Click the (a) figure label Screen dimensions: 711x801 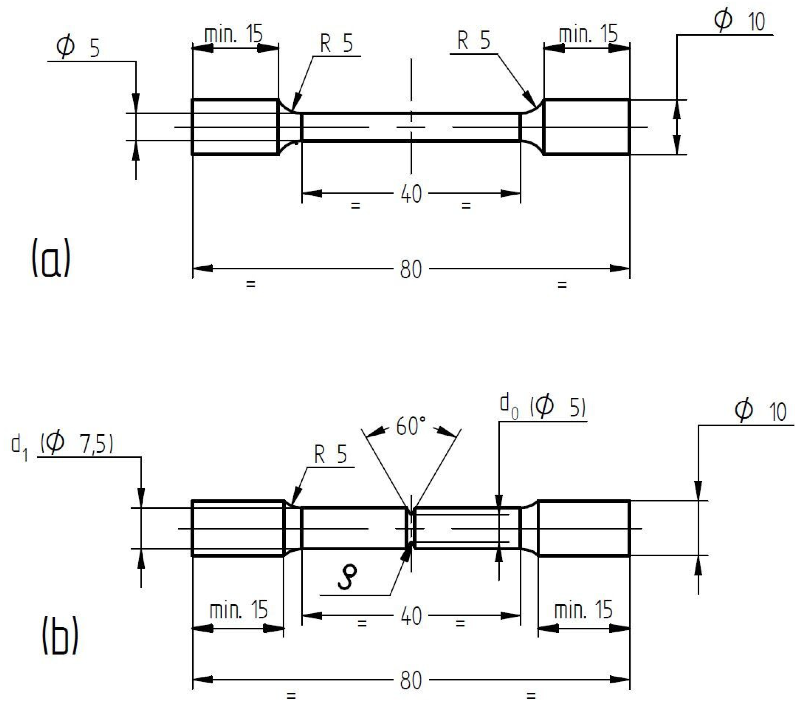pos(51,258)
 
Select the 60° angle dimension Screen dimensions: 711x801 pos(410,426)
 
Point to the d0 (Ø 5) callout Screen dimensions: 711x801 pos(543,408)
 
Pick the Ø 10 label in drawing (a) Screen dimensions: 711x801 pos(739,20)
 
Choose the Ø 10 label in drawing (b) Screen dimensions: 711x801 pos(760,411)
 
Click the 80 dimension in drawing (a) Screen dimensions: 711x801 pos(411,270)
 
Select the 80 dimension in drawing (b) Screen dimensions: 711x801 pos(411,681)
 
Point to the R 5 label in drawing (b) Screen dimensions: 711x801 pos(330,455)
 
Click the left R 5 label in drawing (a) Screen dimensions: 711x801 pos(336,43)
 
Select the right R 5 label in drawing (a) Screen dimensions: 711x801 pos(473,41)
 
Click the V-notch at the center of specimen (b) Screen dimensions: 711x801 pos(411,528)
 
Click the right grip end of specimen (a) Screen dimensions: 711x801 pos(587,127)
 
